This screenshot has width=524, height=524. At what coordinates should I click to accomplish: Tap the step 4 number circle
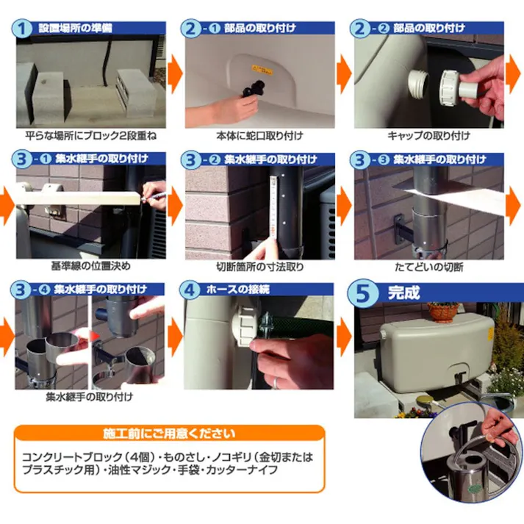(193, 290)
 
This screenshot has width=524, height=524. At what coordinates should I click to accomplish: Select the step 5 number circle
(365, 293)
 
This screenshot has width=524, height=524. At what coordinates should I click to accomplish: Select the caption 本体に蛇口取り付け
(250, 135)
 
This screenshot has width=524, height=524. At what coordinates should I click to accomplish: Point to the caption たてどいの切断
(428, 266)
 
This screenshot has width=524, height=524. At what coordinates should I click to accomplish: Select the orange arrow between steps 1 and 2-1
(174, 73)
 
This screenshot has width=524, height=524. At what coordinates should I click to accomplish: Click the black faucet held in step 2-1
(256, 93)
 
